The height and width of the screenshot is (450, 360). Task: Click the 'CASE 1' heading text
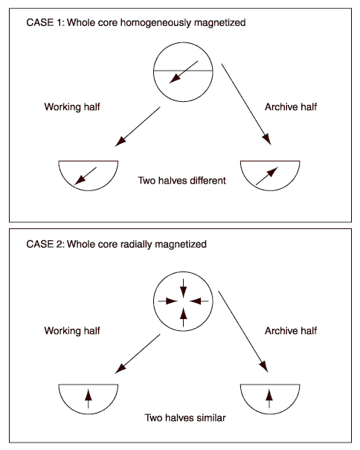(x=136, y=22)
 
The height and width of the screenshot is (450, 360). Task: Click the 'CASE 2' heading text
(x=116, y=244)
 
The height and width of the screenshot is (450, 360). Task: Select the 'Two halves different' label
(x=181, y=181)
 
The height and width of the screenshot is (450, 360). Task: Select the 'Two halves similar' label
(x=185, y=417)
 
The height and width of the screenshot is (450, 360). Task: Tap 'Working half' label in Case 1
(x=72, y=107)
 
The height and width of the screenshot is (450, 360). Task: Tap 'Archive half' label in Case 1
(x=291, y=107)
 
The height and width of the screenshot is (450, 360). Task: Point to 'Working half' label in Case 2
(x=72, y=331)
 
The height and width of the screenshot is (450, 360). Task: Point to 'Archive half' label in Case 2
(x=291, y=330)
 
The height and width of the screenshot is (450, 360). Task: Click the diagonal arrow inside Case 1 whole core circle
(x=184, y=72)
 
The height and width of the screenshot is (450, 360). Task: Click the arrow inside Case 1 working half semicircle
(x=86, y=176)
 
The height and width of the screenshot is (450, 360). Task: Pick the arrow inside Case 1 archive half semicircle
(x=267, y=176)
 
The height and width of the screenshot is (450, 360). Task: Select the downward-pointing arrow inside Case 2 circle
(x=183, y=288)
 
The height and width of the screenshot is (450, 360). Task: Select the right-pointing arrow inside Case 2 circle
(x=168, y=301)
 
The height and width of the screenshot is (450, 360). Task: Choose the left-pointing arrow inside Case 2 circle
(x=199, y=301)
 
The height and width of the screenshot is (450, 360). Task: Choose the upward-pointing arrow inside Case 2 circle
(x=183, y=317)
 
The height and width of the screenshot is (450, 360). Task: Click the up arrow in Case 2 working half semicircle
(x=89, y=399)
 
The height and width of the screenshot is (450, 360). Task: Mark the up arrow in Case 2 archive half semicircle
(x=269, y=399)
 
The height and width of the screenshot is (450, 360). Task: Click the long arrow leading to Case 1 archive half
(x=246, y=105)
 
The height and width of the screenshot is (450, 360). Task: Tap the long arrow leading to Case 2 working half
(x=138, y=354)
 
